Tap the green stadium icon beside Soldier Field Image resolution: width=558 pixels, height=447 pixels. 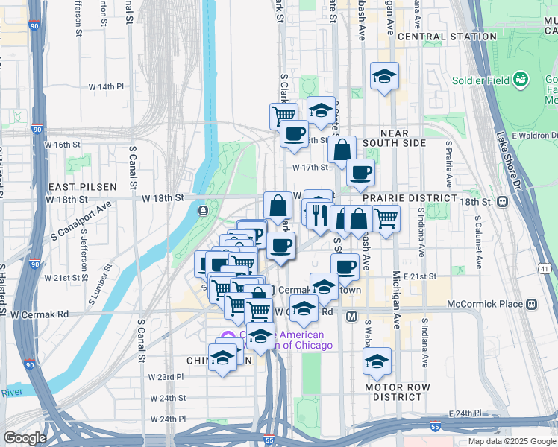[x=521, y=78]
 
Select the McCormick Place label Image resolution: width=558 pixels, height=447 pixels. [x=485, y=304]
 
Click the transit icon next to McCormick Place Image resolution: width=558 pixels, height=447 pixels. [x=531, y=304]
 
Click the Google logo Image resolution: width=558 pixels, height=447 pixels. [x=25, y=438]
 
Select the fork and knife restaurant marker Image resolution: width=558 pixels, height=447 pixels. [x=319, y=216]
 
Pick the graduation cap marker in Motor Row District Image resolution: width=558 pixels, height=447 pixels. [x=377, y=362]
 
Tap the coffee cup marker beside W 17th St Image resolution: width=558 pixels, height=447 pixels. [x=360, y=173]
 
